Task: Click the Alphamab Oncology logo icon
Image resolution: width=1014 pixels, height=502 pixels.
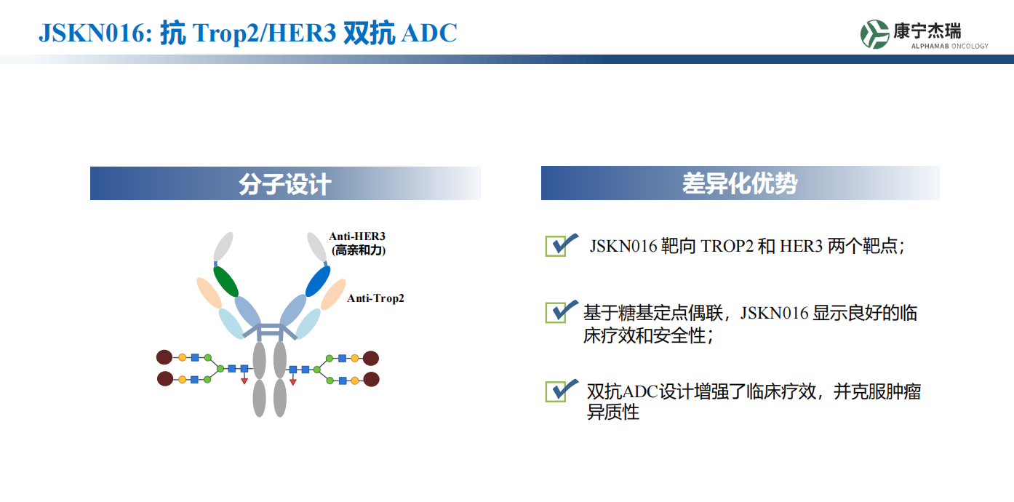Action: coord(874,34)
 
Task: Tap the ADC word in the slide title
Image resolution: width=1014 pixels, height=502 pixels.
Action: coord(429,33)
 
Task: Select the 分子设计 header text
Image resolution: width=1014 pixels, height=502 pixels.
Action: coord(285,184)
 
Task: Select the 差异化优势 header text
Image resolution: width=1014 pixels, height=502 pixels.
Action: coord(740,184)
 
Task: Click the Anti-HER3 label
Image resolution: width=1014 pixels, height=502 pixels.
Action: coord(357,236)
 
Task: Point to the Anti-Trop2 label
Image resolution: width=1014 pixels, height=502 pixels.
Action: coord(376,298)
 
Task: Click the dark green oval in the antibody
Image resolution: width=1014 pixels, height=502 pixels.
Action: coord(226,281)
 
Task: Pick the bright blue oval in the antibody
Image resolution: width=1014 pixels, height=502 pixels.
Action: coord(318,281)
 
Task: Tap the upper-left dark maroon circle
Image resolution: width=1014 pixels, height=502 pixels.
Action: coord(164,357)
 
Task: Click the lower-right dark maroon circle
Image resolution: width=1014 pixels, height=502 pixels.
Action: coord(371,379)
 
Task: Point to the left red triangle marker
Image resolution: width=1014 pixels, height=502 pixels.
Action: coord(244,381)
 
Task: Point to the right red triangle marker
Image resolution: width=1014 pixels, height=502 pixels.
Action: coord(293,382)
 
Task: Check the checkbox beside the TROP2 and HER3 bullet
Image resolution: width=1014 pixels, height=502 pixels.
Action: coord(556,246)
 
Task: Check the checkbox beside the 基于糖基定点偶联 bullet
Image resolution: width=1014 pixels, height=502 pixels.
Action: coord(556,313)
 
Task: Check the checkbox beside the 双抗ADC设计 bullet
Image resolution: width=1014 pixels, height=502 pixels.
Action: coord(556,391)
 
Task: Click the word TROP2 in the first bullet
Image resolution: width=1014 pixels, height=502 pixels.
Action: coord(727,246)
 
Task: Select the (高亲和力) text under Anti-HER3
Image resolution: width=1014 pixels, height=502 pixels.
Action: coord(359,250)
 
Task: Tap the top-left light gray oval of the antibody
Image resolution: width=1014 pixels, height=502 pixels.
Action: coord(223,246)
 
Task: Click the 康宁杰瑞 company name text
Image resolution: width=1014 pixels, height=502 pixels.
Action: coord(927,31)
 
